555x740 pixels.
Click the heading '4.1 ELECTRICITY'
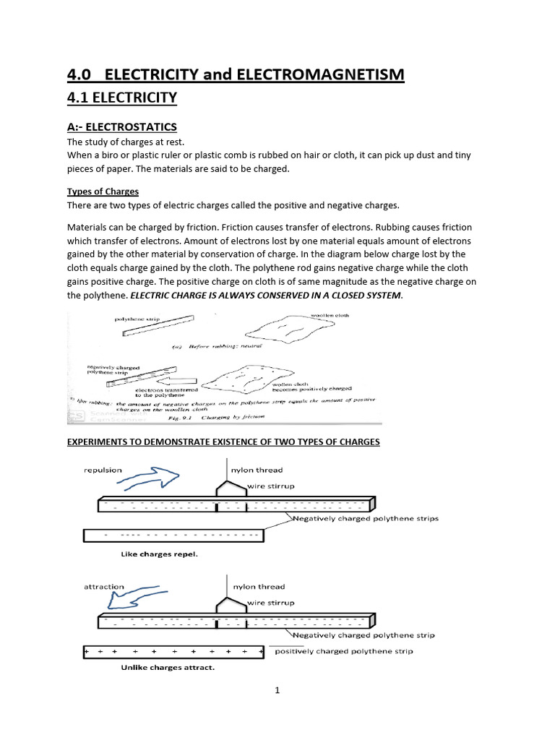pos(121,98)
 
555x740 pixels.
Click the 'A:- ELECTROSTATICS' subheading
pos(121,127)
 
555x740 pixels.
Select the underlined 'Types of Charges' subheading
pos(103,192)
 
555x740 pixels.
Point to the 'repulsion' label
pos(103,470)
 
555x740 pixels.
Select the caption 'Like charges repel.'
pos(158,554)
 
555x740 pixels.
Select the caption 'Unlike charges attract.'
pos(167,668)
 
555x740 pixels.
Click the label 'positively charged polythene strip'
pos(344,651)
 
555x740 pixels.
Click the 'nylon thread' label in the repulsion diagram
pos(257,470)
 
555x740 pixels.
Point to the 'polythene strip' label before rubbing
pos(135,319)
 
